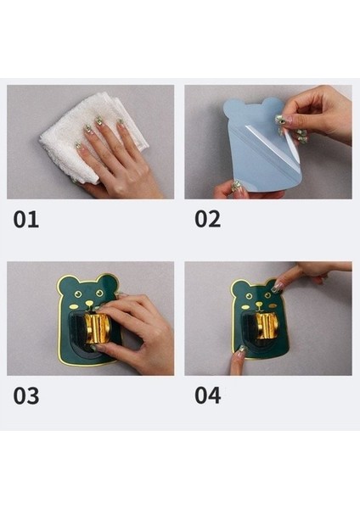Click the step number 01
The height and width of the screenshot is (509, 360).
(26, 220)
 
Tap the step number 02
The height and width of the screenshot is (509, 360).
(208, 219)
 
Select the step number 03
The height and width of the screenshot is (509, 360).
(26, 395)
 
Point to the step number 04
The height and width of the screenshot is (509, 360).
(208, 395)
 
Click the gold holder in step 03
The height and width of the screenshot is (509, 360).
(98, 328)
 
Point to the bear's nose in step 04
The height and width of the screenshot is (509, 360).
(259, 305)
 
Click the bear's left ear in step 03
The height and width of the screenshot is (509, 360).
(65, 282)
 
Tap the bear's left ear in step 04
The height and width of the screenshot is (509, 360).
(239, 287)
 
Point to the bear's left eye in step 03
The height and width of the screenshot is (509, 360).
(78, 294)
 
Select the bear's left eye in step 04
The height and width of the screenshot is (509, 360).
(249, 296)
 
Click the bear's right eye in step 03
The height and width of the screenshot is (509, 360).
(99, 294)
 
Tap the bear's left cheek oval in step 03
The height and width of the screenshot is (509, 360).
(75, 306)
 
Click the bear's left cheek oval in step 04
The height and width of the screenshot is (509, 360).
(245, 307)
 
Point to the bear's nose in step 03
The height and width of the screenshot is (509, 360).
(89, 303)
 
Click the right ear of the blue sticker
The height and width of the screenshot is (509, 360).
(273, 105)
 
